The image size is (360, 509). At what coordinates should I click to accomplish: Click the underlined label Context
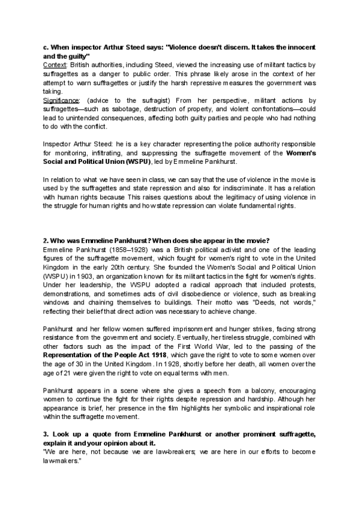click(x=55, y=63)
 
